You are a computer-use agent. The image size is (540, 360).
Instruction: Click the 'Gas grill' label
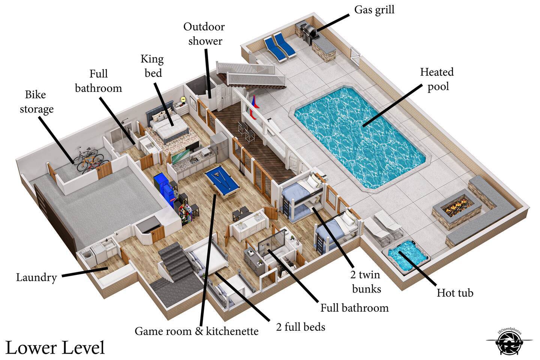click(374, 10)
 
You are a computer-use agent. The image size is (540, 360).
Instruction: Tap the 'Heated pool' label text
click(437, 79)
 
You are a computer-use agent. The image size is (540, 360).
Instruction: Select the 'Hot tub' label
click(455, 293)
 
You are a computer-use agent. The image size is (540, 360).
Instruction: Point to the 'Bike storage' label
click(36, 102)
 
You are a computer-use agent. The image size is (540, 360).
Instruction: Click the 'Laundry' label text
click(36, 277)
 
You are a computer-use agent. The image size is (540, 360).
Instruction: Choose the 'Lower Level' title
click(55, 347)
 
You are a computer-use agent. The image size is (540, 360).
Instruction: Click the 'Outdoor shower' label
click(204, 34)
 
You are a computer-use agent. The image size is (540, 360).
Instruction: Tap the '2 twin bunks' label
click(366, 282)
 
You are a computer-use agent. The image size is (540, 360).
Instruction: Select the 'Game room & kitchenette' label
click(196, 331)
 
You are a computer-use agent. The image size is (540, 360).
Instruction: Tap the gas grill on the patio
click(309, 32)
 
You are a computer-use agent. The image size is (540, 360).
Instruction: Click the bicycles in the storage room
click(88, 159)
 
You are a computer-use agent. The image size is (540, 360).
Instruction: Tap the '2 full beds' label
click(300, 327)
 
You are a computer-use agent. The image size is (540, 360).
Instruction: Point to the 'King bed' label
click(152, 66)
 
